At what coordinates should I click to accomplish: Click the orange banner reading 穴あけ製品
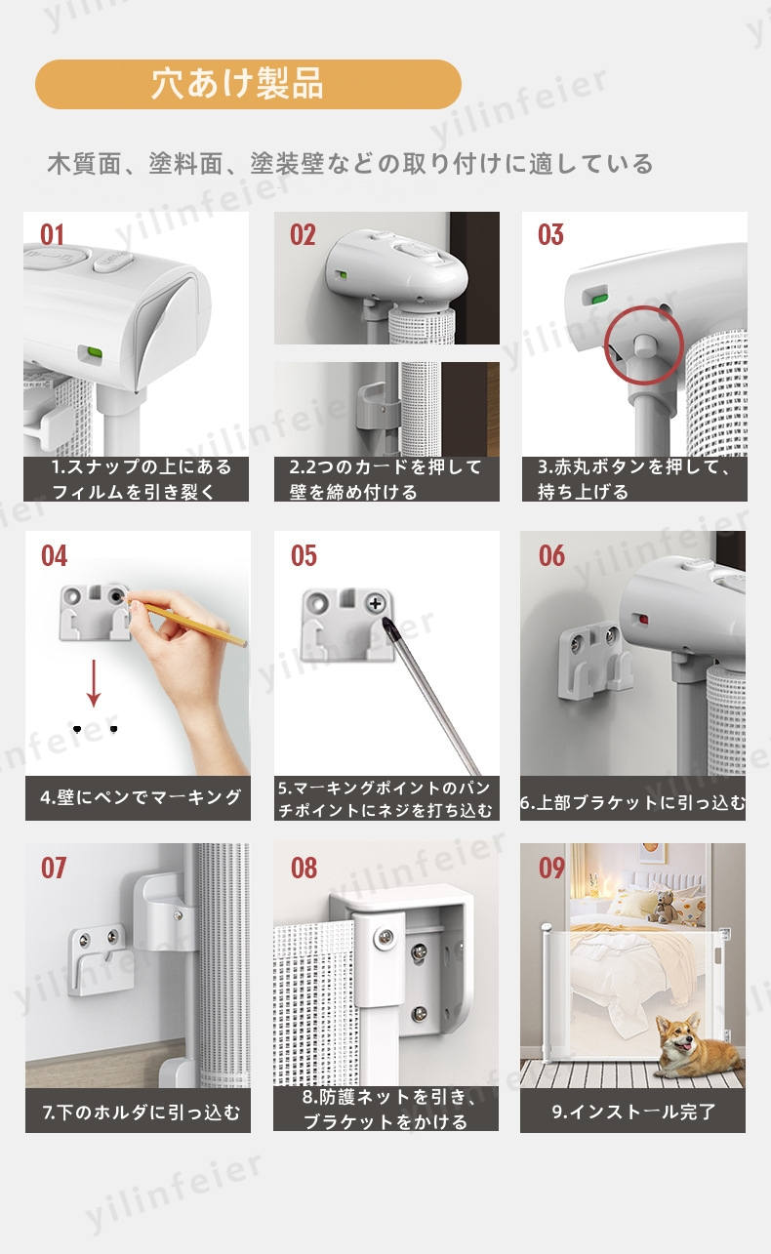(x=248, y=84)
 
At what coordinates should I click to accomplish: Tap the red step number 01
(x=52, y=235)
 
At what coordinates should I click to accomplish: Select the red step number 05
(x=304, y=556)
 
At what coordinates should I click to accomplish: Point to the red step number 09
(x=551, y=869)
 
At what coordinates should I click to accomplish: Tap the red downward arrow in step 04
(x=94, y=683)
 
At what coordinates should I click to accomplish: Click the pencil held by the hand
(x=187, y=622)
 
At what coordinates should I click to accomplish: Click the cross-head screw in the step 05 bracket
(x=375, y=603)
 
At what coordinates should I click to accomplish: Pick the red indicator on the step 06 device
(x=643, y=620)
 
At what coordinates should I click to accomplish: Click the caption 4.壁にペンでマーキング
(x=141, y=797)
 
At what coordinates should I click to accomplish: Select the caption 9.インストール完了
(x=633, y=1112)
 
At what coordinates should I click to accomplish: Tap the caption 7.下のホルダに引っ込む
(x=141, y=1112)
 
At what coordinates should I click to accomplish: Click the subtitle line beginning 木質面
(x=350, y=164)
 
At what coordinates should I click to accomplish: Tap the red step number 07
(x=54, y=869)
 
